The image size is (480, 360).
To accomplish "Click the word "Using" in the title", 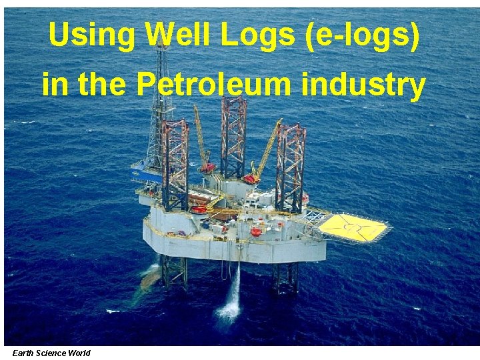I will pyautogui.click(x=91, y=37).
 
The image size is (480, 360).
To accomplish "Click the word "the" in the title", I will pyautogui.click(x=105, y=85).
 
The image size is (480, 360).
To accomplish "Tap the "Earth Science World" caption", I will pyautogui.click(x=51, y=353).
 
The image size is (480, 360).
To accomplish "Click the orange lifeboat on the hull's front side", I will pyautogui.click(x=255, y=232).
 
